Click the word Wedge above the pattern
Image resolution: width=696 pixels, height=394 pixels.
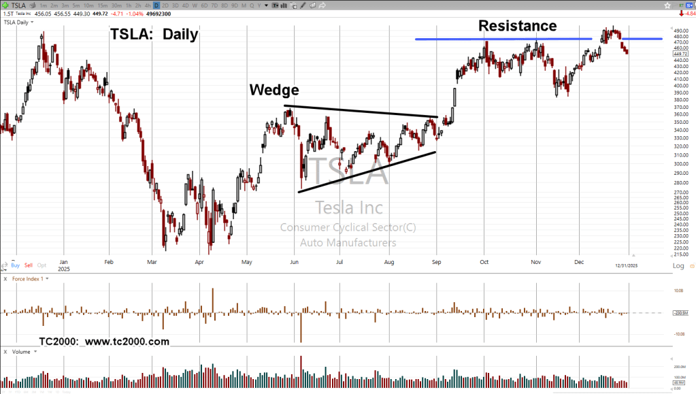click(x=274, y=91)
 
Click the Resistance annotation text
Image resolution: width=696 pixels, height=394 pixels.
click(x=517, y=27)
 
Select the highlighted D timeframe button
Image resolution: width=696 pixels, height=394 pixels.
click(x=156, y=5)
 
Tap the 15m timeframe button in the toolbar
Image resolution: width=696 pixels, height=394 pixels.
click(x=102, y=5)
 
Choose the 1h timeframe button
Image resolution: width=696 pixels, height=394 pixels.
click(x=129, y=5)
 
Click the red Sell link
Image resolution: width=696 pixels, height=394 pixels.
click(x=29, y=265)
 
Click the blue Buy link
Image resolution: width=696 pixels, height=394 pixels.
click(x=15, y=265)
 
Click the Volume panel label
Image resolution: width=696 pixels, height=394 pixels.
click(x=22, y=352)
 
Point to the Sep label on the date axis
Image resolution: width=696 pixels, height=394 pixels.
click(x=437, y=261)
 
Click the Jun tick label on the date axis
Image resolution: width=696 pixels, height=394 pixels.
click(x=294, y=261)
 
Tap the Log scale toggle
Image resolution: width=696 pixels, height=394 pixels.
click(x=678, y=265)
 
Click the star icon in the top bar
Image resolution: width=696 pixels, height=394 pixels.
click(x=668, y=5)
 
